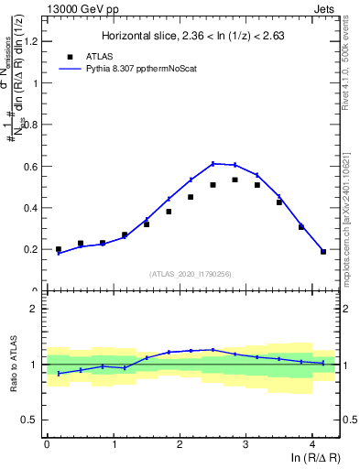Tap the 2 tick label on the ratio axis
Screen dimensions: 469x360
click(36, 309)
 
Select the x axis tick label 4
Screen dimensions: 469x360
click(312, 444)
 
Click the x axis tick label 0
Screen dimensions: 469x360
click(47, 444)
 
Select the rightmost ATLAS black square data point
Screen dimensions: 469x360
click(323, 251)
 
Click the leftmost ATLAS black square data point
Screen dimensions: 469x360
click(59, 249)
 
